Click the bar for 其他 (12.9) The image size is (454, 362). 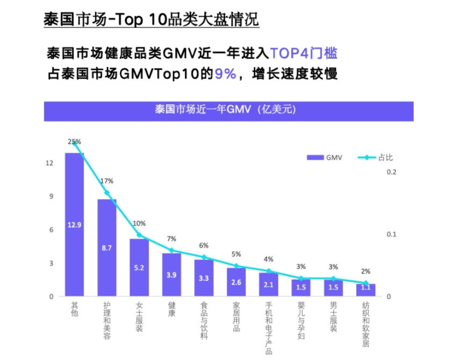tap(75, 224)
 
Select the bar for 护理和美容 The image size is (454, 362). tap(107, 247)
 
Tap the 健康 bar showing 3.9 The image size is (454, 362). tap(171, 274)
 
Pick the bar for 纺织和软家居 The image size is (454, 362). tap(365, 289)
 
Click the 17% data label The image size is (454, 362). tap(107, 181)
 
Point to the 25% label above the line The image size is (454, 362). tap(75, 142)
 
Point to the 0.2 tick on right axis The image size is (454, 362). tap(392, 172)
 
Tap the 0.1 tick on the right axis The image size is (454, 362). tap(392, 235)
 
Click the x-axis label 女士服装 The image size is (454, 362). tap(139, 317)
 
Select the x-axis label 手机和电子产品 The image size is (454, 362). tap(269, 328)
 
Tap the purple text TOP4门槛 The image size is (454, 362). tap(304, 54)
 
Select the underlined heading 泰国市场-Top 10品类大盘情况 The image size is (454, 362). tap(151, 19)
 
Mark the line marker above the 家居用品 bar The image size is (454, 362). tap(236, 266)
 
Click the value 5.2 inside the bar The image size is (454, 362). tap(139, 267)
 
